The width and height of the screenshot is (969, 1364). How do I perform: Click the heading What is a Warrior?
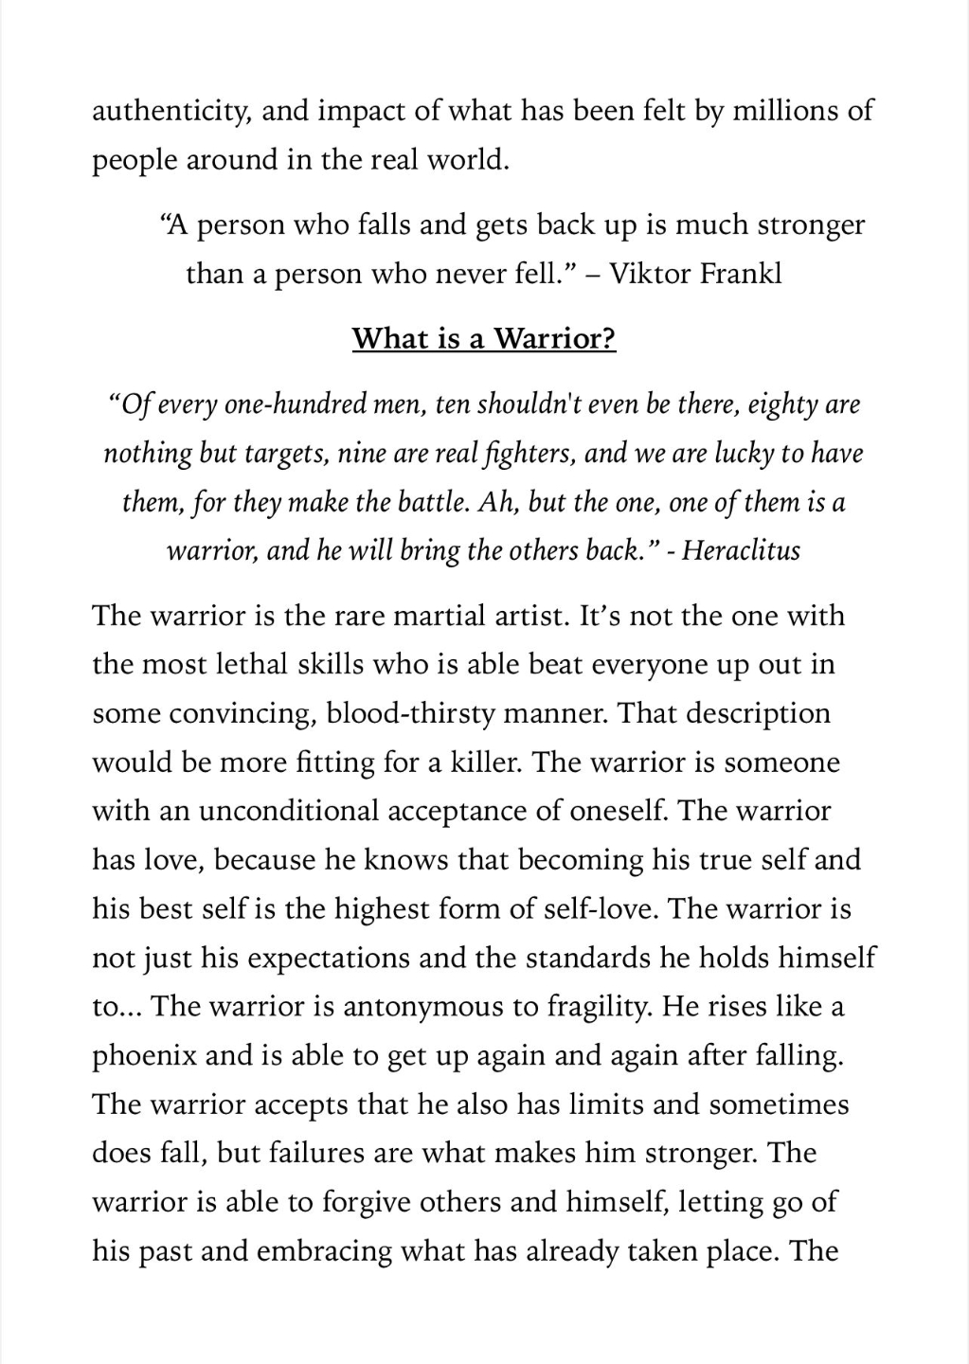(x=484, y=338)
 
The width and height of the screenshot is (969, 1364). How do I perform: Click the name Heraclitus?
(x=741, y=550)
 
